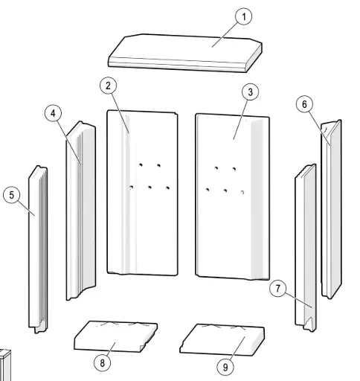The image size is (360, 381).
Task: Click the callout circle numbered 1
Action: (x=242, y=15)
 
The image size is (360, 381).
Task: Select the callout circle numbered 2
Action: (x=109, y=86)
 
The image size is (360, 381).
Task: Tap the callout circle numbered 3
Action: (x=251, y=92)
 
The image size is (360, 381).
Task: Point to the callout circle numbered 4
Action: (x=52, y=113)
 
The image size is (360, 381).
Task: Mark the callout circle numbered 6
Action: (x=304, y=105)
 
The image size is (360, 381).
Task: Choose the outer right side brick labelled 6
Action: (x=330, y=216)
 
